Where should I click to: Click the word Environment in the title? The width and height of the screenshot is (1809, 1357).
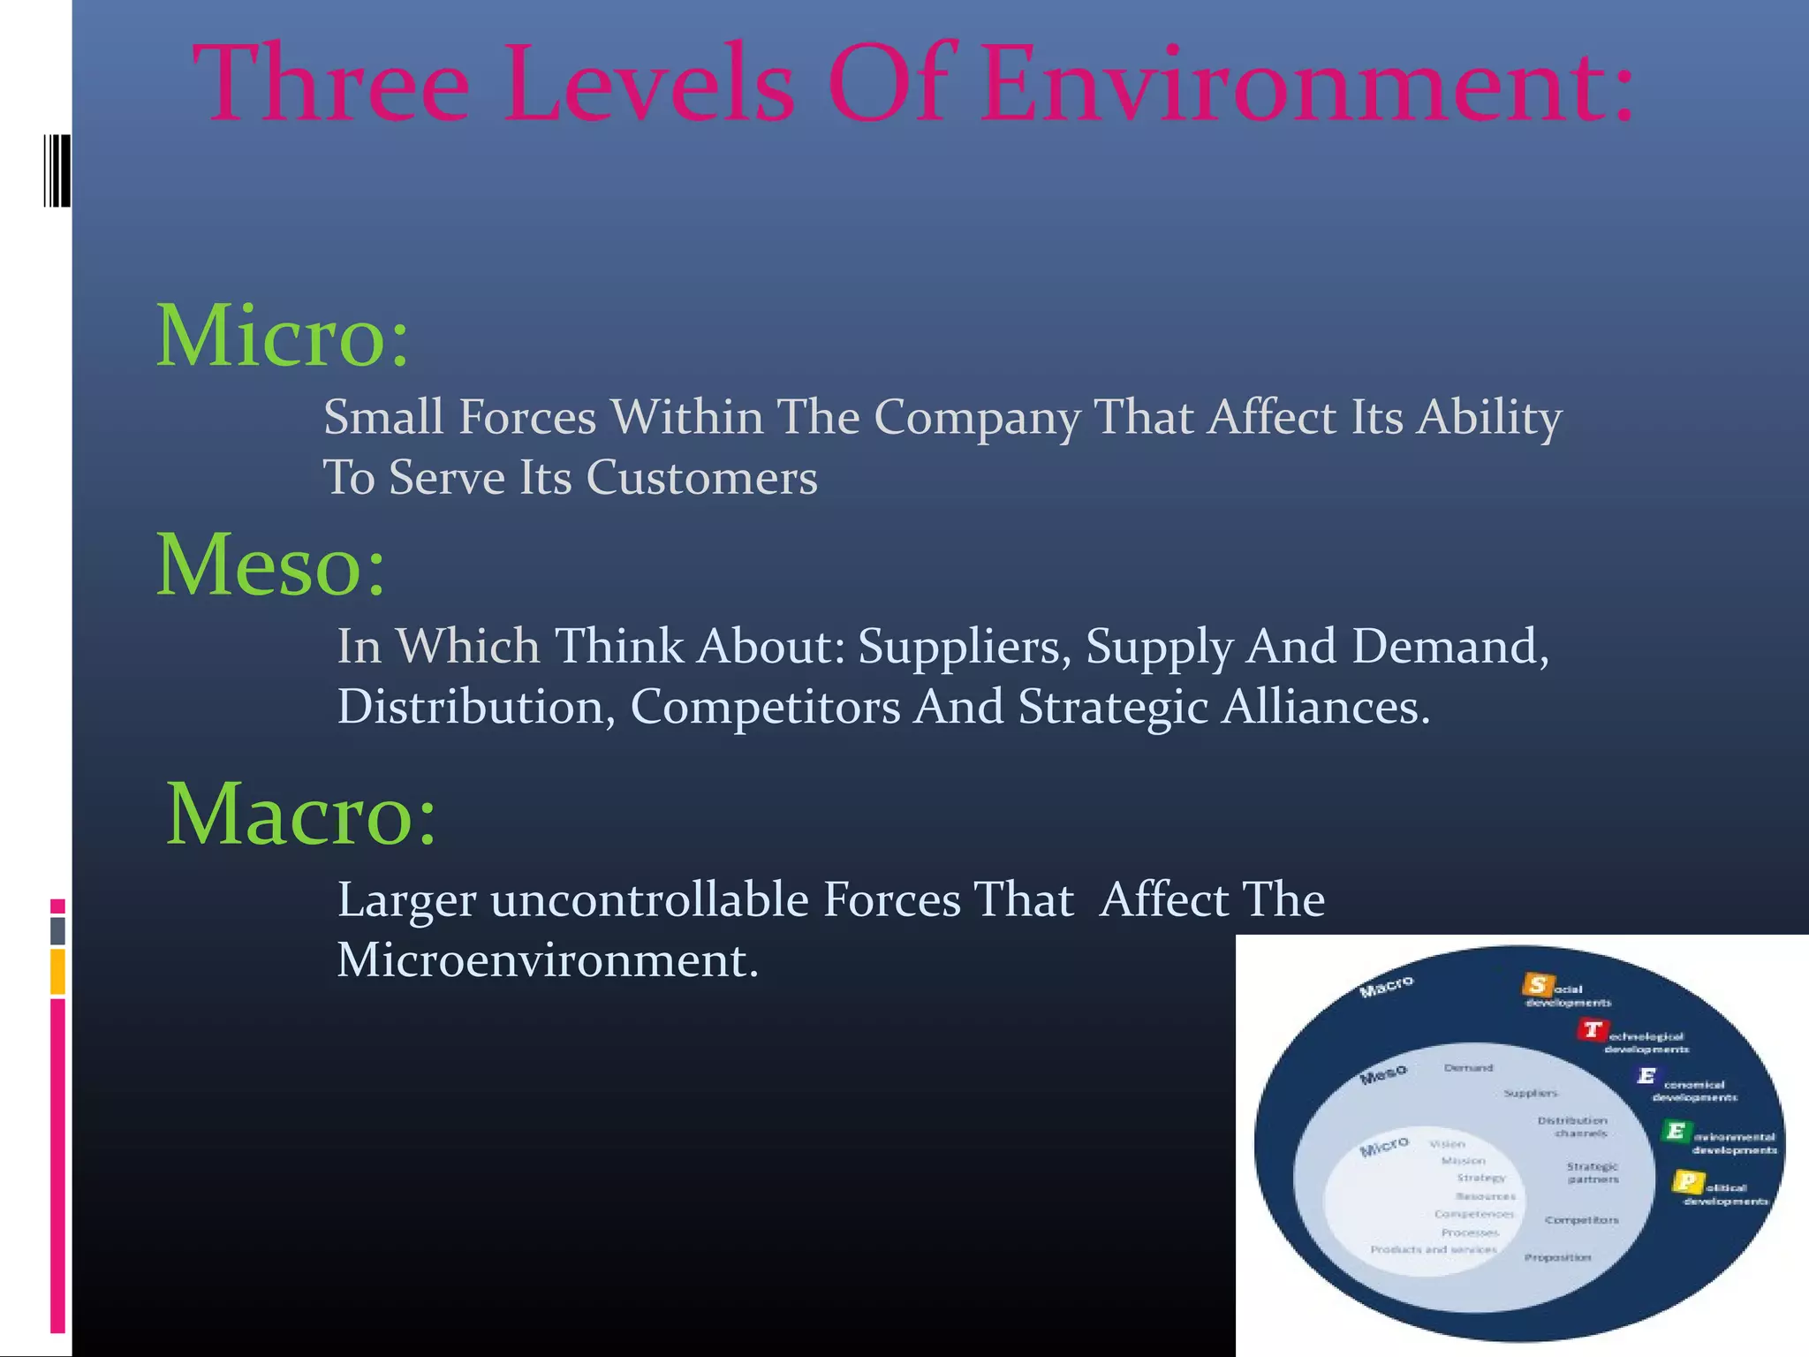[x=1307, y=84]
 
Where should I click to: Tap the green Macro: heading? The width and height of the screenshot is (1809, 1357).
[x=301, y=814]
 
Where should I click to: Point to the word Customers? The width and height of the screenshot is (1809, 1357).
[x=701, y=478]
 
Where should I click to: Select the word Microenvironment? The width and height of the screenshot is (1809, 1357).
[x=547, y=960]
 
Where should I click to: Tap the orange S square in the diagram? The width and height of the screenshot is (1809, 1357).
[x=1538, y=984]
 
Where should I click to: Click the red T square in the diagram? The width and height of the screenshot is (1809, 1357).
[x=1592, y=1029]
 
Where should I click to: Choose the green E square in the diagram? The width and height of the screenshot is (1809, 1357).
[x=1676, y=1131]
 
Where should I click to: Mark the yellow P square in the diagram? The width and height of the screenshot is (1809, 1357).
[x=1687, y=1181]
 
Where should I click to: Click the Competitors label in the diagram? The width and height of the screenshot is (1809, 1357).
[x=1581, y=1220]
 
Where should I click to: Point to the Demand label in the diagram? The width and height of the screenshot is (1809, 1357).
[x=1468, y=1068]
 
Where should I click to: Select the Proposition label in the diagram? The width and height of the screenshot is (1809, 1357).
[x=1557, y=1257]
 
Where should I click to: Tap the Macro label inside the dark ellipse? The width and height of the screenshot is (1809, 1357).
[x=1386, y=987]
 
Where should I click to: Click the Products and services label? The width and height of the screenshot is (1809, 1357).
[x=1433, y=1249]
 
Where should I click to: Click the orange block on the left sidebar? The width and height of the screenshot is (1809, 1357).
[x=57, y=972]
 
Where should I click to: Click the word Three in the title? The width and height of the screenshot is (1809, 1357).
[x=331, y=84]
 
